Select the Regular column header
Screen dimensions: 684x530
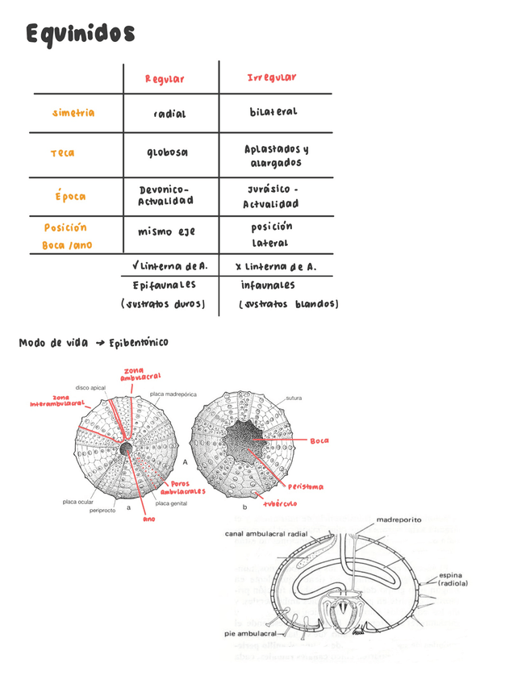pos(165,79)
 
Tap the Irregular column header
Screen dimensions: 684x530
pos(271,77)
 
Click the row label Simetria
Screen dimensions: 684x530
pos(73,113)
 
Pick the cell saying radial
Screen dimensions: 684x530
pos(169,114)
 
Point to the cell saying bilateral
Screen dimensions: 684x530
pos(273,112)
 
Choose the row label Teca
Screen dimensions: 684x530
pos(62,153)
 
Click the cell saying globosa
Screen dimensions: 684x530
pos(167,152)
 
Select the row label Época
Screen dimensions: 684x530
pos(70,196)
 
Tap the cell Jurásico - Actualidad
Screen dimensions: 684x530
pos(271,196)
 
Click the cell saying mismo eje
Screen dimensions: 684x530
pos(166,232)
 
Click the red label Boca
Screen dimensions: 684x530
pos(319,441)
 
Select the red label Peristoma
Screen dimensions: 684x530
pos(305,486)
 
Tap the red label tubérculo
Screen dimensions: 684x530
pos(279,503)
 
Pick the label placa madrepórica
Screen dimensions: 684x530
pos(173,394)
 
